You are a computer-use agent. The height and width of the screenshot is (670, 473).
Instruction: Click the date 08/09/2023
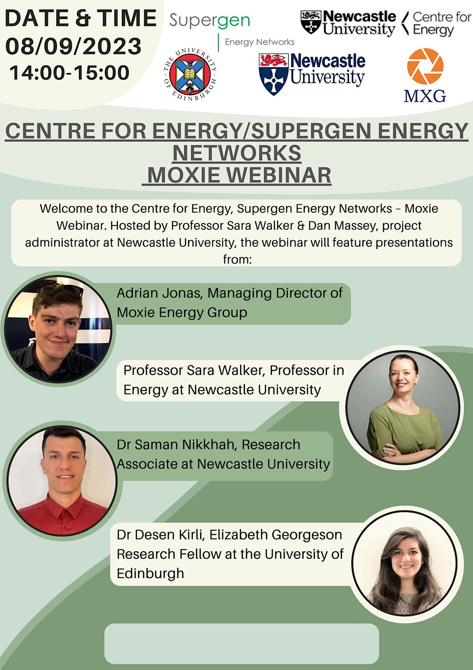(x=73, y=46)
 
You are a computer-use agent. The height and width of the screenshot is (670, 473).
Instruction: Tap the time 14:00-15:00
(x=69, y=73)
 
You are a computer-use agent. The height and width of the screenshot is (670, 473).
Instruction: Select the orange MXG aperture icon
(x=425, y=66)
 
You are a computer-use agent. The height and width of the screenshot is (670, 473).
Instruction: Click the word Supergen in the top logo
(x=209, y=21)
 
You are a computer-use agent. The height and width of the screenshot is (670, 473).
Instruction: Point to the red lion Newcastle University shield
(x=274, y=74)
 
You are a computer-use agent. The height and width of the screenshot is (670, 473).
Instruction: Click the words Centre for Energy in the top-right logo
(x=441, y=24)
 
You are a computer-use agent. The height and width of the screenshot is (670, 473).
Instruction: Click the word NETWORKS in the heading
(x=237, y=153)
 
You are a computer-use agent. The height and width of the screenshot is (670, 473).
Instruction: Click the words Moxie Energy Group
(x=182, y=313)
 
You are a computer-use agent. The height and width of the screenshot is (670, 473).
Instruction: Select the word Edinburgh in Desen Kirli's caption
(x=150, y=573)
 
